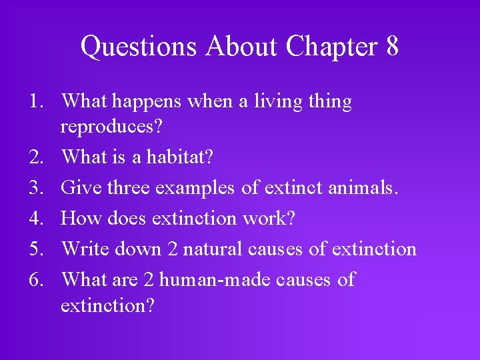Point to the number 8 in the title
[x=391, y=47]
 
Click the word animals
[x=364, y=188]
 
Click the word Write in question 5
[x=85, y=249]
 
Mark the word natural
[x=212, y=249]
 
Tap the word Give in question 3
[x=79, y=188]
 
